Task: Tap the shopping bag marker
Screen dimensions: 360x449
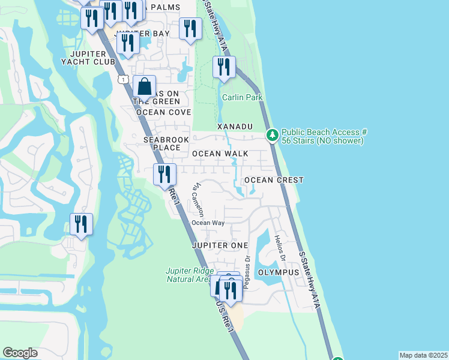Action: (144, 88)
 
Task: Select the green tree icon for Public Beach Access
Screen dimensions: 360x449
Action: (272, 136)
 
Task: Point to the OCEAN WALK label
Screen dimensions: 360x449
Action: (220, 154)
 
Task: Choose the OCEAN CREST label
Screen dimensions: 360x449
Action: (273, 180)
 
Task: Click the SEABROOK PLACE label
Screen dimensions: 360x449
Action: (161, 143)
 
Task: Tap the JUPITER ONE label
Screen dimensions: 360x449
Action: (220, 246)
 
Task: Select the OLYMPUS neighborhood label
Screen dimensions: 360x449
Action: (279, 272)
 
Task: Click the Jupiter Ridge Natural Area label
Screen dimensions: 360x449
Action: (188, 274)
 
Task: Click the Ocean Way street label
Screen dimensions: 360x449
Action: (208, 223)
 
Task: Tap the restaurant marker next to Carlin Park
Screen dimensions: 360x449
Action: (224, 68)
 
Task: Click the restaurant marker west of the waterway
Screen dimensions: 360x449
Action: (81, 225)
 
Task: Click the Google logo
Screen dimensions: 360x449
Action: (20, 353)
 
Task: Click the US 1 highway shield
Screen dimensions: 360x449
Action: (122, 79)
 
